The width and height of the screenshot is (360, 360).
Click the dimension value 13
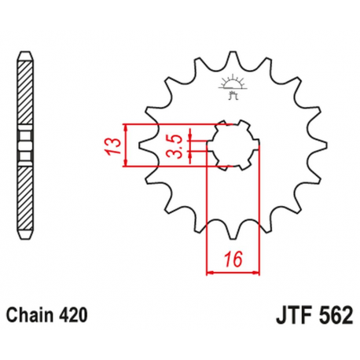click(113, 146)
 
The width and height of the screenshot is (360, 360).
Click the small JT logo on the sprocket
click(233, 86)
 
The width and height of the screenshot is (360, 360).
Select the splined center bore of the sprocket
click(233, 145)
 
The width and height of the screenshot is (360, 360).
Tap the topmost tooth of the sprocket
click(233, 57)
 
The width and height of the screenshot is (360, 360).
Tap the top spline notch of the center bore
click(233, 124)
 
